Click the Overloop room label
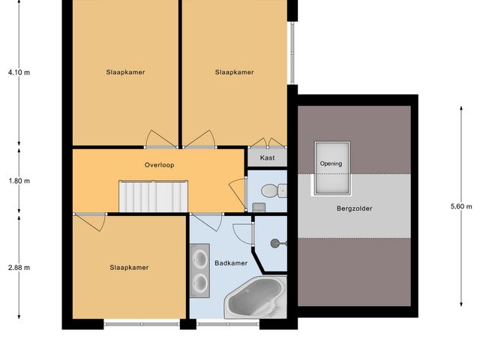click(x=159, y=165)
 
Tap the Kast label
click(x=267, y=158)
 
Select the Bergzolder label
click(x=354, y=208)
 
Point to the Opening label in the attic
click(x=331, y=163)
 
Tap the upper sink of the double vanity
click(x=201, y=259)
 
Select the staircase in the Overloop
click(x=153, y=197)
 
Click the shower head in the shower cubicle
click(x=277, y=242)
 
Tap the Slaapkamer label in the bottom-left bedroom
click(x=129, y=267)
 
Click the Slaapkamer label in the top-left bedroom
click(x=125, y=73)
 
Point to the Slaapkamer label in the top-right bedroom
click(x=234, y=73)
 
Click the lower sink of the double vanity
click(x=201, y=283)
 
